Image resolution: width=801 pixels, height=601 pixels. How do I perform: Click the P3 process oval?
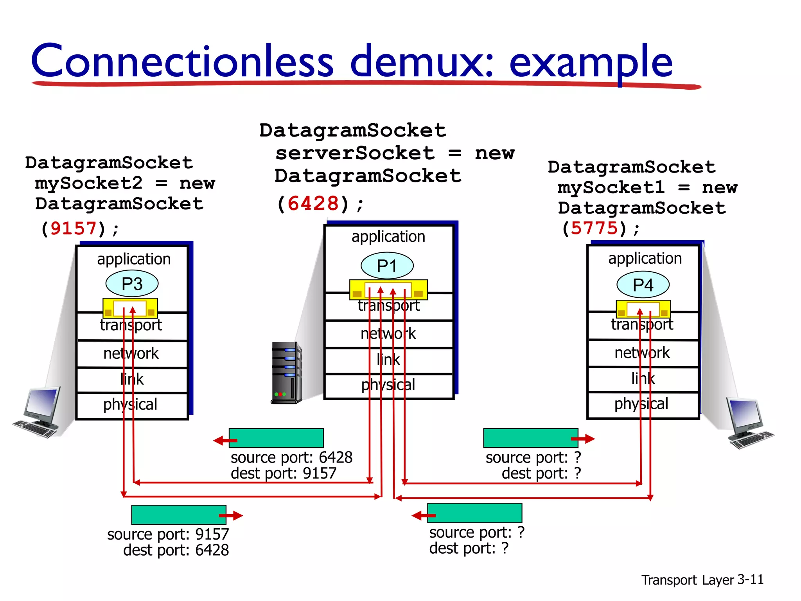[x=132, y=284]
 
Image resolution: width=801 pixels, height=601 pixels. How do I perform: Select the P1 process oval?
[x=387, y=266]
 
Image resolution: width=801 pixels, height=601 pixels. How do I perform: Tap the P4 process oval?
[x=643, y=285]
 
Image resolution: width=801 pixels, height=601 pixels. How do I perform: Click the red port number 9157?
[x=74, y=229]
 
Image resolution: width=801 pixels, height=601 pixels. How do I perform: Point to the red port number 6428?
[x=313, y=203]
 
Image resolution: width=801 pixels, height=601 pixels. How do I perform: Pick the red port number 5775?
[x=594, y=228]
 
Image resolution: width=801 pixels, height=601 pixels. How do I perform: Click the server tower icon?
[x=286, y=372]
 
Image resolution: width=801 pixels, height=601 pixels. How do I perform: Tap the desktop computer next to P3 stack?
[x=37, y=413]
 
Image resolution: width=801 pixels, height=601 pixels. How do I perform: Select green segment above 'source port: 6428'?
[x=276, y=438]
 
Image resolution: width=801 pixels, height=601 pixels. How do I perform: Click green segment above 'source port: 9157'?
[x=179, y=515]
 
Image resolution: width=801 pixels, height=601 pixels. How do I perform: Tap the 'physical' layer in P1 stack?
[x=388, y=385]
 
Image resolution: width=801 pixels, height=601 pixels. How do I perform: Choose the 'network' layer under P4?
[x=642, y=353]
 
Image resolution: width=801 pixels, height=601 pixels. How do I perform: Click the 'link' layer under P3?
[x=132, y=379]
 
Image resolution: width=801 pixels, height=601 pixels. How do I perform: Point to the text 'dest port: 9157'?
[x=284, y=473]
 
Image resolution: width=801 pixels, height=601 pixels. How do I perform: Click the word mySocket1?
[x=611, y=187]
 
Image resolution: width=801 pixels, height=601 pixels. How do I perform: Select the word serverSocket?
[x=355, y=153]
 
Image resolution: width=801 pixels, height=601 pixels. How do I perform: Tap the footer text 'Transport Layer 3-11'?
[x=702, y=579]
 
